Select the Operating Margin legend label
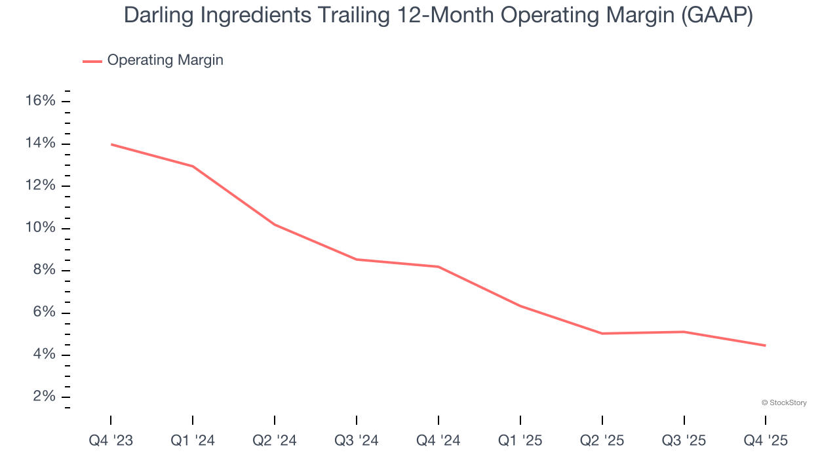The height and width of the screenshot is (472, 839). pos(165,60)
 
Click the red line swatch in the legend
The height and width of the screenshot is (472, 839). pos(92,61)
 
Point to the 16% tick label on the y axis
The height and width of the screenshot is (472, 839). pos(40,101)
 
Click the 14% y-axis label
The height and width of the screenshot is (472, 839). pos(40,144)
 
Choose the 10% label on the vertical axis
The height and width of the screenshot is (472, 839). pos(40,228)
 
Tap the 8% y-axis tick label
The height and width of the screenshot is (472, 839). pos(43,271)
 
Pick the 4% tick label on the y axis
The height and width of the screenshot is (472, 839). pos(43,355)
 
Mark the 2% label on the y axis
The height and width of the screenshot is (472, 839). pos(43,397)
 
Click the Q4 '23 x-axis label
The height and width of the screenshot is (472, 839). pos(111,441)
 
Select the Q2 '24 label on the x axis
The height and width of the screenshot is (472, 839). pos(275,441)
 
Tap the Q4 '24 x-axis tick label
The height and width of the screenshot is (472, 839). pos(439,441)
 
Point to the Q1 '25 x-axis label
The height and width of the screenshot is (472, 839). pos(520,441)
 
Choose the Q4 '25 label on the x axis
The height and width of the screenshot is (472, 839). pos(766,441)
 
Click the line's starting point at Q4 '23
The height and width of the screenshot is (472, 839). pos(111,144)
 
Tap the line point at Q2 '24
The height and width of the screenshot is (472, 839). pos(275,225)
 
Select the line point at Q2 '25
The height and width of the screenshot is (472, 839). pos(602,334)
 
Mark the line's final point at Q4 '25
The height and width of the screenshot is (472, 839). pos(766,345)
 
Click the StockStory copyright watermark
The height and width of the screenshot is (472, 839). pos(784,403)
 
